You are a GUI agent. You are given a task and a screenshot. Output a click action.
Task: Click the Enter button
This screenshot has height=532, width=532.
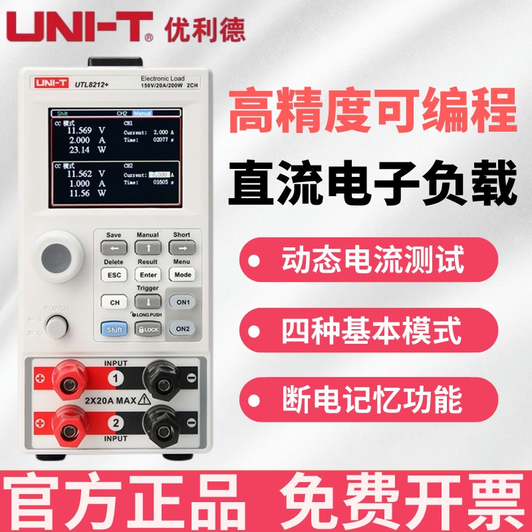(x=148, y=275)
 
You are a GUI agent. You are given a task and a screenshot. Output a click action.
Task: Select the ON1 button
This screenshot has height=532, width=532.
(x=183, y=302)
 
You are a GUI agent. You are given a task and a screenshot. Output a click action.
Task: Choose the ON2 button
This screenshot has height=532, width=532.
(x=183, y=328)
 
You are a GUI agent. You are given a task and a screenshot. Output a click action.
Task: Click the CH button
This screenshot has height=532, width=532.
(x=114, y=302)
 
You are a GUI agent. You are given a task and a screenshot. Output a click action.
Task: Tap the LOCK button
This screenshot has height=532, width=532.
(x=148, y=328)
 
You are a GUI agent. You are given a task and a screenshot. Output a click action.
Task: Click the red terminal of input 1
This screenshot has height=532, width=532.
(x=68, y=379)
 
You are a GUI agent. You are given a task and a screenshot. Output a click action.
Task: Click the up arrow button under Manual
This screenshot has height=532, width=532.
(x=148, y=247)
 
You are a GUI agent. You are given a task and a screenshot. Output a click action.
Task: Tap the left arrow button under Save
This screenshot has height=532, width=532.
(x=114, y=247)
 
